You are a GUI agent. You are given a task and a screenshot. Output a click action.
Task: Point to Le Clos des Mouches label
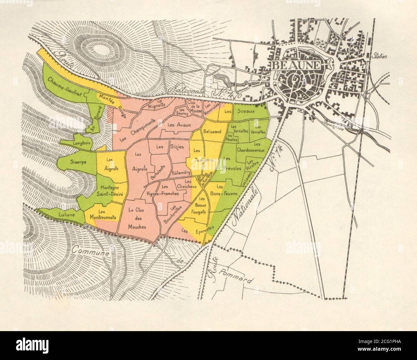137,218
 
